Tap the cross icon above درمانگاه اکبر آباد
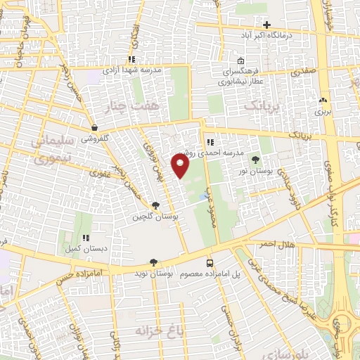coord(266,25)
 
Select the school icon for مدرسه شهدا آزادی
coord(131,60)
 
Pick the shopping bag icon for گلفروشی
coord(94,128)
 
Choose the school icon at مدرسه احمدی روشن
coord(210,143)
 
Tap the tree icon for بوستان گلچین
coord(155,206)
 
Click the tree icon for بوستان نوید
coord(154,262)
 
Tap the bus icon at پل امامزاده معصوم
coord(210,263)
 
